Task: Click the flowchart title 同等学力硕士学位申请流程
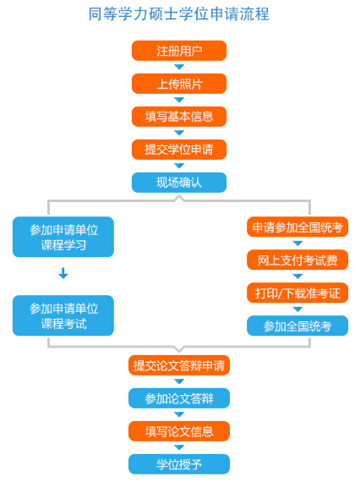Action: [179, 14]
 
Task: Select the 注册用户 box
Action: [179, 51]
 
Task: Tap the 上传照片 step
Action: [179, 84]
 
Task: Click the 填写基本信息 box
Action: [179, 117]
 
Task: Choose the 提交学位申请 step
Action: [179, 150]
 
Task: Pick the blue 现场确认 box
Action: [179, 183]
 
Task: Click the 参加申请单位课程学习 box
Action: [63, 237]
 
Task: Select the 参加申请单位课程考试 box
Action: [63, 315]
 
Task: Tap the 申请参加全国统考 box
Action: [297, 227]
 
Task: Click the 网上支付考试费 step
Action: [297, 260]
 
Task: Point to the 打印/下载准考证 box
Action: [297, 293]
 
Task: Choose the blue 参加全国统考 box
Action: [297, 326]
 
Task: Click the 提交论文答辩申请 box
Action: [179, 365]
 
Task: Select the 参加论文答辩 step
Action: [179, 398]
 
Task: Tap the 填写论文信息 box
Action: [179, 431]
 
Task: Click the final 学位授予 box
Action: [179, 464]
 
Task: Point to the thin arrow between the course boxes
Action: [63, 273]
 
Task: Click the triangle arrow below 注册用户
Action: [179, 67]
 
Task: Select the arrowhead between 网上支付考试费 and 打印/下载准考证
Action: [297, 277]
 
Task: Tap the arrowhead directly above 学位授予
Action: [179, 447]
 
